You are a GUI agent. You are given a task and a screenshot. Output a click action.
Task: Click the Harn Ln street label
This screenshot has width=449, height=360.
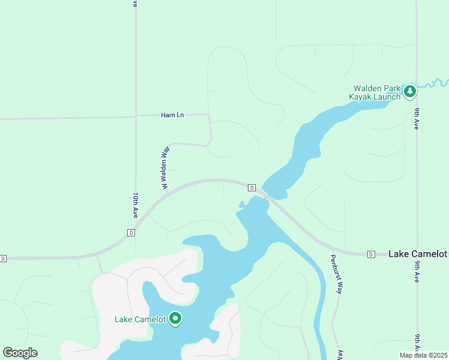pyautogui.click(x=172, y=115)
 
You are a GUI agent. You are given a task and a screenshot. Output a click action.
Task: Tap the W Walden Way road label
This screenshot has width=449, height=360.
pyautogui.click(x=163, y=168)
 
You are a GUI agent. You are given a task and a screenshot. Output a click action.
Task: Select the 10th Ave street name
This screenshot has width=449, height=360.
pyautogui.click(x=136, y=205)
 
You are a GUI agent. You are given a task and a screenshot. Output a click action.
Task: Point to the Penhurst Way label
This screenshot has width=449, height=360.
pyautogui.click(x=338, y=275)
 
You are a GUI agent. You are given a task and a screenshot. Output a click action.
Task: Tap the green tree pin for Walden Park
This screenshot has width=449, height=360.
pyautogui.click(x=410, y=91)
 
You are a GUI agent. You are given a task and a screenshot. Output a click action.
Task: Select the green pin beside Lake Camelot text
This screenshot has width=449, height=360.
pyautogui.click(x=175, y=319)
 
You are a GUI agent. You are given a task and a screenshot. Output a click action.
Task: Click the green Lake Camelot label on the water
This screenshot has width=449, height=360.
pyautogui.click(x=140, y=319)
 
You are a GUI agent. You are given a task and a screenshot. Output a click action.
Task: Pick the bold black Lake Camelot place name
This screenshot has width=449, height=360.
pyautogui.click(x=418, y=254)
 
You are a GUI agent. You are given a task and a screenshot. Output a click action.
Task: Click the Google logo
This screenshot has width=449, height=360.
pyautogui.click(x=20, y=353)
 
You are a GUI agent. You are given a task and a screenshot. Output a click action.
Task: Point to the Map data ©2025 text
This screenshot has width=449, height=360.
pyautogui.click(x=424, y=355)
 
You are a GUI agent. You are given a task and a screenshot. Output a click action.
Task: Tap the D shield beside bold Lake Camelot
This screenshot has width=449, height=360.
pyautogui.click(x=371, y=254)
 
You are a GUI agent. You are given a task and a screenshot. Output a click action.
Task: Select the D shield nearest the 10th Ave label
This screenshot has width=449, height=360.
pyautogui.click(x=130, y=233)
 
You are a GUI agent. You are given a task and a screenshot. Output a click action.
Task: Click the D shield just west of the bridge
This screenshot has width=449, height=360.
pyautogui.click(x=252, y=188)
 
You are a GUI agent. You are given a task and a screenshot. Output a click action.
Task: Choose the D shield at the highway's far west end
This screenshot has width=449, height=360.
pyautogui.click(x=3, y=259)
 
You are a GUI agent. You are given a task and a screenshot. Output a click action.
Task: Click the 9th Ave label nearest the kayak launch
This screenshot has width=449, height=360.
pyautogui.click(x=416, y=119)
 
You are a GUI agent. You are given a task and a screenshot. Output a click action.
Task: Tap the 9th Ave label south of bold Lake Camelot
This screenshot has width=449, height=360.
pyautogui.click(x=417, y=344)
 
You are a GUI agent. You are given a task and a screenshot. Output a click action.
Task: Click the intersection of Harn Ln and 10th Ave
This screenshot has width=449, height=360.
pyautogui.click(x=136, y=116)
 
